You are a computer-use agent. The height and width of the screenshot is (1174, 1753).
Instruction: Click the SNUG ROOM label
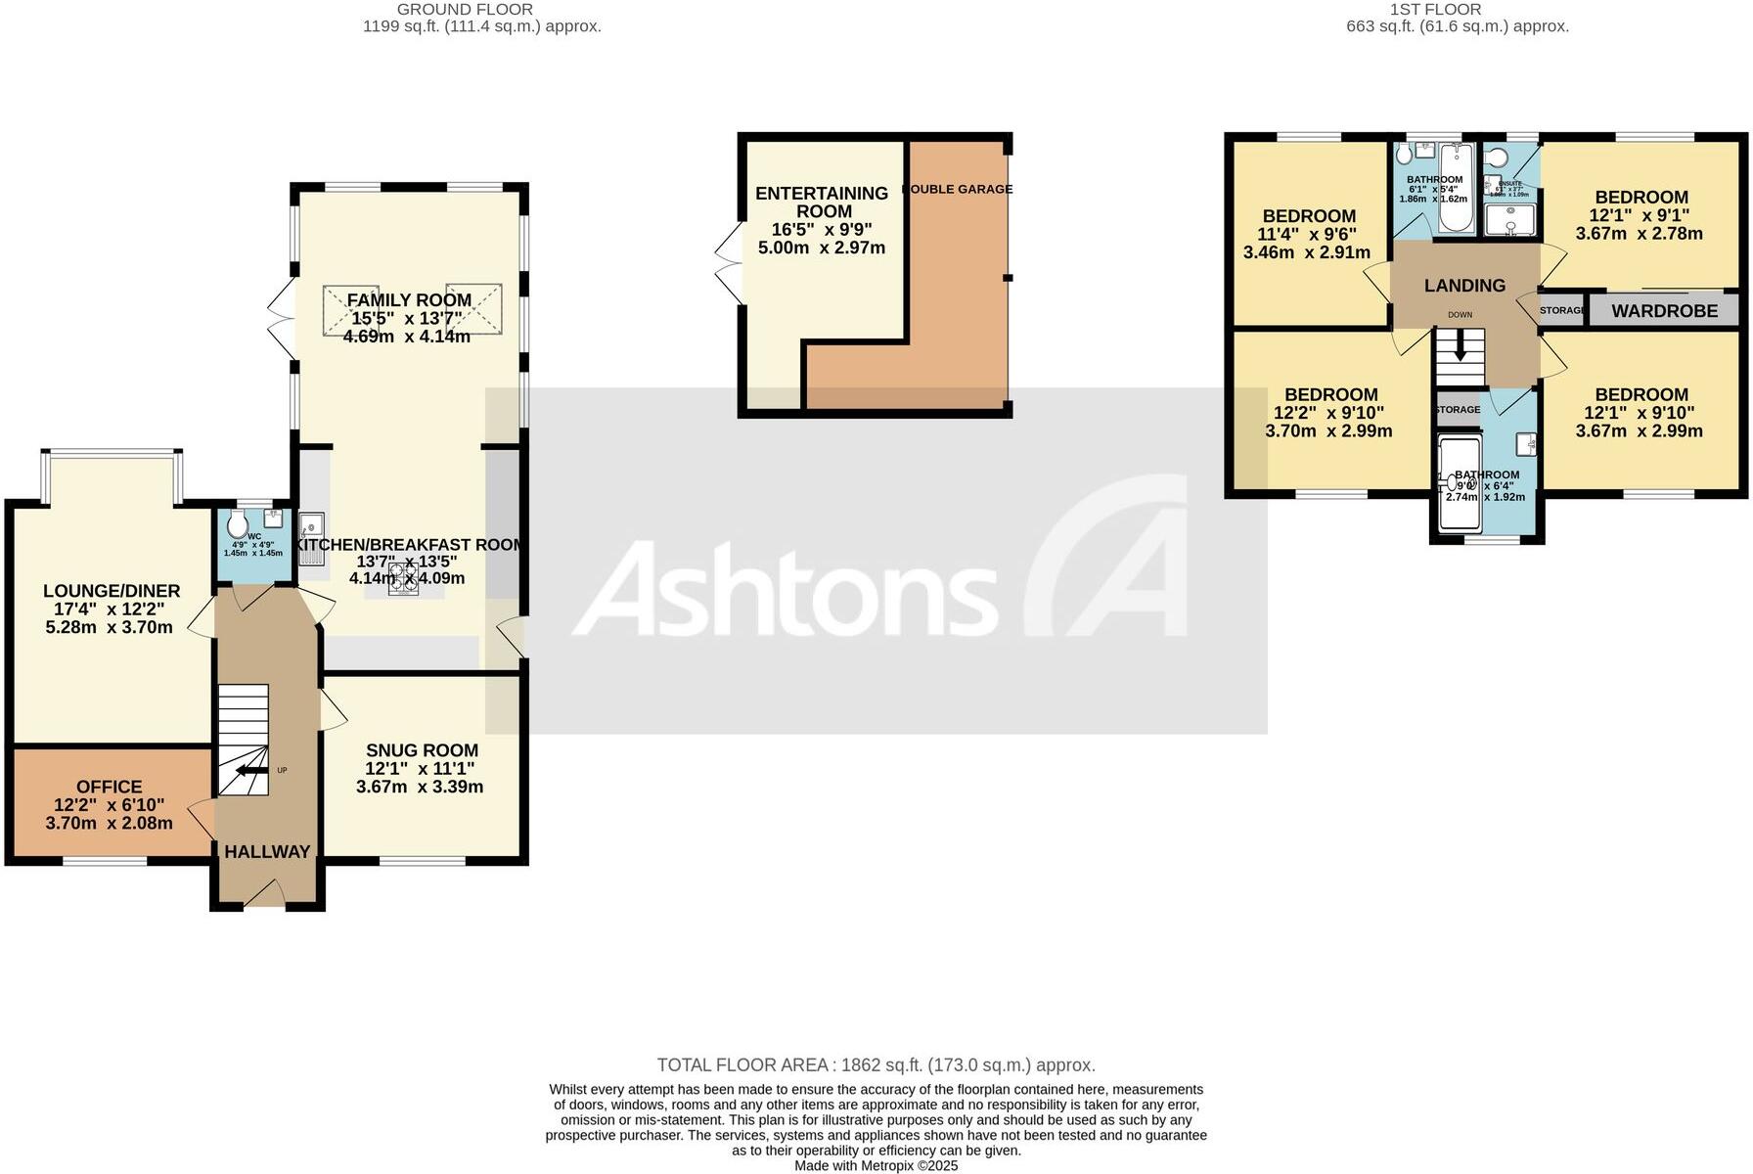[422, 750]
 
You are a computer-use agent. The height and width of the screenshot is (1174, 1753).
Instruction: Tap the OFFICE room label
[109, 787]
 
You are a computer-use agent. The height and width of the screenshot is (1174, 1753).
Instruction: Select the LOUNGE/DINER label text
[112, 591]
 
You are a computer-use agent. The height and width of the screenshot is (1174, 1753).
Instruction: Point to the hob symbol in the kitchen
[403, 579]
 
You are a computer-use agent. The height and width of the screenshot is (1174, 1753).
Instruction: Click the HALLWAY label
[267, 852]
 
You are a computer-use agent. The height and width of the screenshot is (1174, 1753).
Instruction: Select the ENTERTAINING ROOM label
[822, 203]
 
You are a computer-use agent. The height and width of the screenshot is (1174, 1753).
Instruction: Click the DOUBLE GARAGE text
[957, 189]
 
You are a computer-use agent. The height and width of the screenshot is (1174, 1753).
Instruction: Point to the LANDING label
[1464, 286]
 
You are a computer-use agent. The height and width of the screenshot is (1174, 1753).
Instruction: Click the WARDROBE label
[1664, 311]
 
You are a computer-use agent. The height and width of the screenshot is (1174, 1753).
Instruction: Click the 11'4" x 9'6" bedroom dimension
[1307, 235]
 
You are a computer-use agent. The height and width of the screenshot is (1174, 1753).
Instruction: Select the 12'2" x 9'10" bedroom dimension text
[1328, 413]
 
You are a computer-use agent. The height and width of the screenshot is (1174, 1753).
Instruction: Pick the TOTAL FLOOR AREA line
[876, 1065]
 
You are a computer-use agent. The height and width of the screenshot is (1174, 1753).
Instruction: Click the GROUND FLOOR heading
[465, 10]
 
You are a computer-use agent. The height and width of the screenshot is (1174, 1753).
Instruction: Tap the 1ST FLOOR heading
[1435, 10]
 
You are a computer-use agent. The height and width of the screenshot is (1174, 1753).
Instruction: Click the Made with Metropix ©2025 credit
[876, 1165]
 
